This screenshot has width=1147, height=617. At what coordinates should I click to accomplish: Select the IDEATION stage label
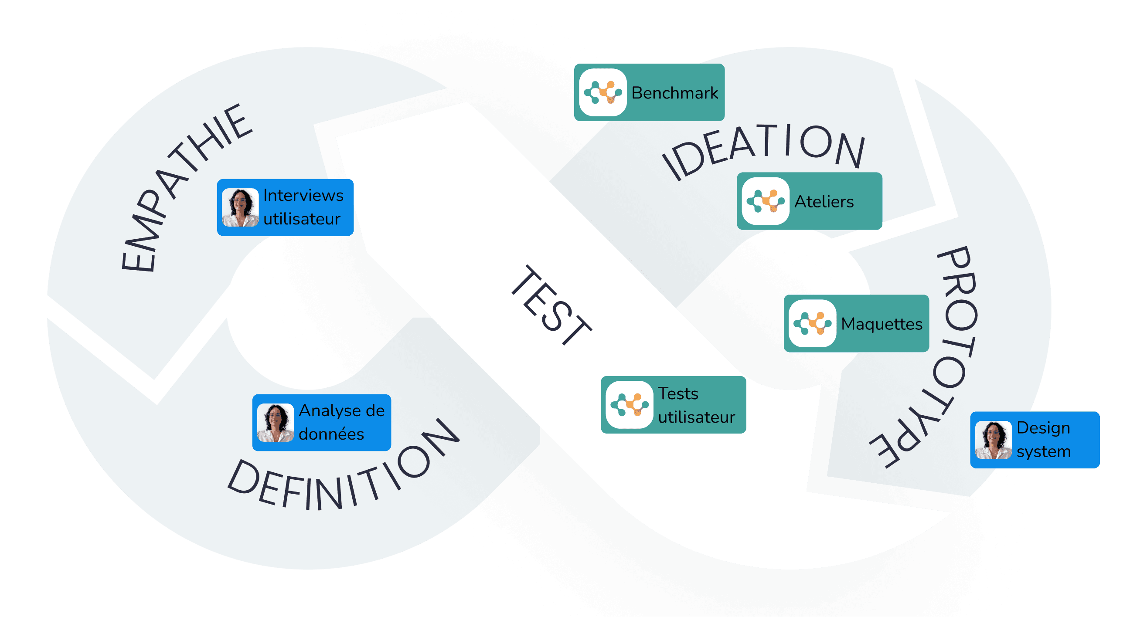[764, 149]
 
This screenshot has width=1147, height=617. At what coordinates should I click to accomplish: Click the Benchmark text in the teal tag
[674, 93]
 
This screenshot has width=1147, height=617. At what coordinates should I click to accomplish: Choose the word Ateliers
[824, 202]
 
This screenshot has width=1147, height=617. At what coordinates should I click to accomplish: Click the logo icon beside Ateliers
[766, 201]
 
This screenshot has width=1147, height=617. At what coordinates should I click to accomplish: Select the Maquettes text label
[882, 324]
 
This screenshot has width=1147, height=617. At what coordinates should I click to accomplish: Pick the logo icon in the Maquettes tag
[812, 324]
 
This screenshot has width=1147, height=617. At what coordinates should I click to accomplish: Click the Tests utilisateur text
[696, 405]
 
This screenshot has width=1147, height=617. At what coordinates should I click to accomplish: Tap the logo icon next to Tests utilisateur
[629, 405]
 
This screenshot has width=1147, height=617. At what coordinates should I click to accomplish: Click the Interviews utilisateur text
[303, 207]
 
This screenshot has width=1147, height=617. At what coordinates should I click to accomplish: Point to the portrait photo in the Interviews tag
[241, 207]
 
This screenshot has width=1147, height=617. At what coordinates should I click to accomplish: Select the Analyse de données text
[341, 422]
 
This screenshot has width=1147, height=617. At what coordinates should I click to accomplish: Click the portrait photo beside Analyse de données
[276, 423]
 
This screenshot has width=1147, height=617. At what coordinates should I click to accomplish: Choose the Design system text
[1043, 439]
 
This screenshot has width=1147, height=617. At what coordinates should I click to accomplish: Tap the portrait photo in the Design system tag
[994, 440]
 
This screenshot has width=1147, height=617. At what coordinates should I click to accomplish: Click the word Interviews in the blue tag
[303, 196]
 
